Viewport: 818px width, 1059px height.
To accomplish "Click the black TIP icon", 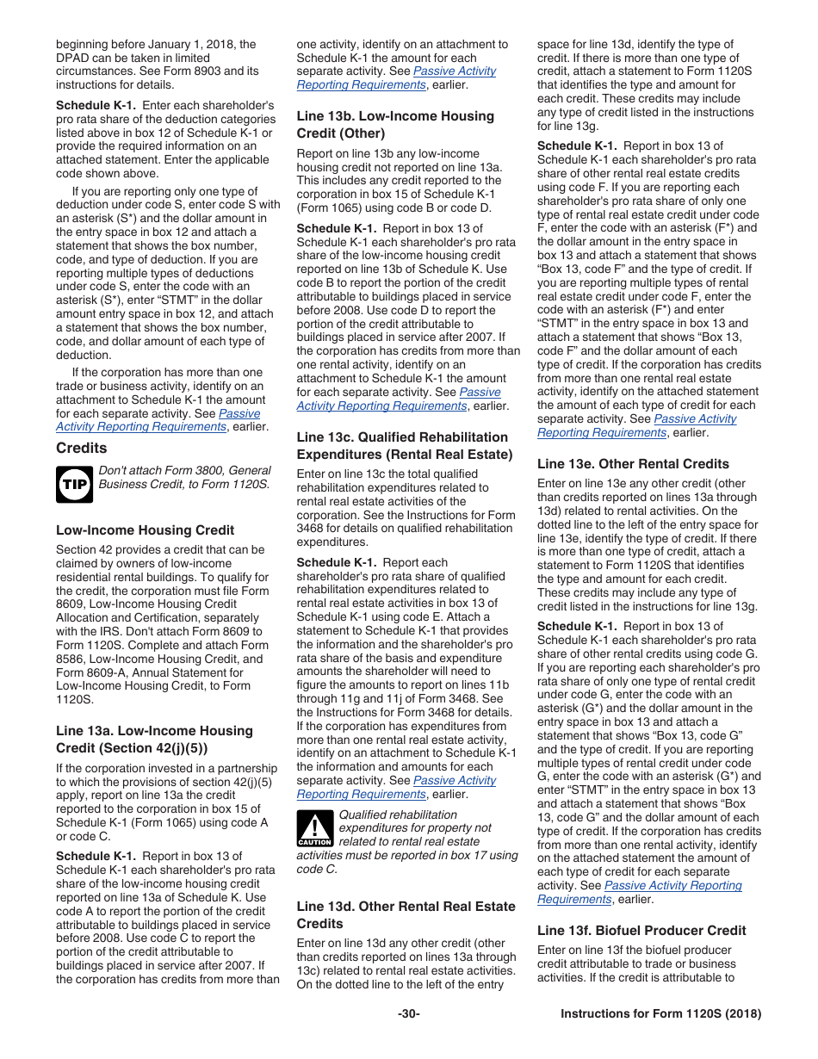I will pos(74,485).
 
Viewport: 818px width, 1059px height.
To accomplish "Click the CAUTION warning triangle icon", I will pos(314,829).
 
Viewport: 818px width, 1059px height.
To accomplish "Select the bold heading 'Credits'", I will pos(82,448).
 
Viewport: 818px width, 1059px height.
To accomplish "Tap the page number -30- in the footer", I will pos(409,1013).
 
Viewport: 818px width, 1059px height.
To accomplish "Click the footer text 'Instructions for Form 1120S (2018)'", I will pos(660,1013).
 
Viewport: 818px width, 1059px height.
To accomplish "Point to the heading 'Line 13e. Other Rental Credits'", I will pos(633,463).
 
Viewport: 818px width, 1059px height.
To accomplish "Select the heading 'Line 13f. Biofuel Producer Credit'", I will pos(641,930).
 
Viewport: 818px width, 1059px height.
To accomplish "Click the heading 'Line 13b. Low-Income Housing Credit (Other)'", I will pos(395,125).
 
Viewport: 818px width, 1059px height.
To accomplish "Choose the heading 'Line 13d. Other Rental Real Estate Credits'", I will pos(406,914).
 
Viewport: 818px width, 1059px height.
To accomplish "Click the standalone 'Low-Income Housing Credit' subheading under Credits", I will pos(145,530).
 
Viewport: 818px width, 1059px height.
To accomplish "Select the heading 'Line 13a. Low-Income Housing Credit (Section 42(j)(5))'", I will pos(155,739).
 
